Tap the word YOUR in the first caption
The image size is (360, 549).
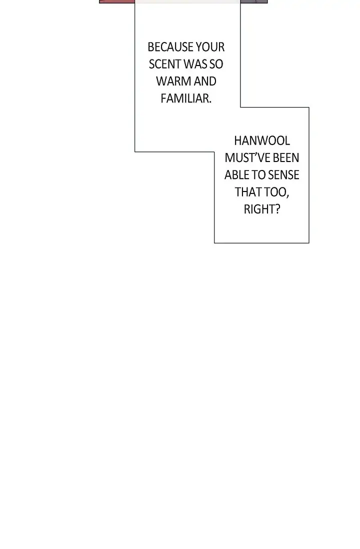[x=210, y=47]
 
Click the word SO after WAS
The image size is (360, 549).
[x=216, y=64]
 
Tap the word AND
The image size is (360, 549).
[x=205, y=81]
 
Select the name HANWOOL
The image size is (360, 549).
[x=262, y=141]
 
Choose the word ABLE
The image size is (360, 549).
[x=236, y=175]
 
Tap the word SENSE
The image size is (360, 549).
[x=283, y=175]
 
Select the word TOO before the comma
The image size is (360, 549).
[x=274, y=192]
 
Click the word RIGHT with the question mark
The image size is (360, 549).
[x=262, y=209]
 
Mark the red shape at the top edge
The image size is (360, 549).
[x=117, y=1]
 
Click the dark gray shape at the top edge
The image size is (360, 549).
[x=254, y=1]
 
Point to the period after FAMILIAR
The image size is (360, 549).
[x=210, y=102]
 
